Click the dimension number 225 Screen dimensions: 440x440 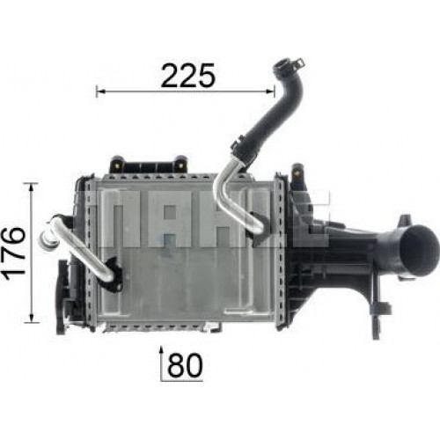pyautogui.click(x=188, y=75)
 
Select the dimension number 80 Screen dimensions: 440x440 pyautogui.click(x=185, y=365)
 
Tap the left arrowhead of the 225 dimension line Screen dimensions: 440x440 pyautogui.click(x=100, y=92)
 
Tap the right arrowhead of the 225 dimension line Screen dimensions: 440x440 pyautogui.click(x=270, y=92)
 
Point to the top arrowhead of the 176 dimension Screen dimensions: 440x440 pyautogui.click(x=32, y=187)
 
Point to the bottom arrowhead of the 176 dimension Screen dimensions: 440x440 pyautogui.click(x=32, y=318)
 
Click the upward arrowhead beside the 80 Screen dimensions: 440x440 pyautogui.click(x=161, y=350)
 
